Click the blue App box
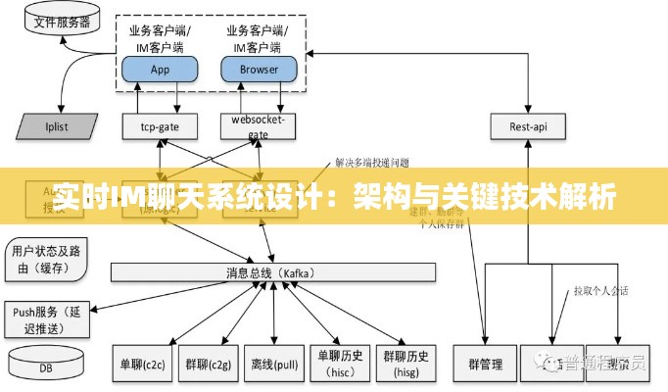click(160, 69)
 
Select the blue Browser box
click(260, 69)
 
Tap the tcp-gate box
click(160, 125)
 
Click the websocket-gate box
click(257, 125)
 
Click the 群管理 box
click(484, 365)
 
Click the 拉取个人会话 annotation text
click(600, 290)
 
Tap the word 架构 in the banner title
click(383, 197)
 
